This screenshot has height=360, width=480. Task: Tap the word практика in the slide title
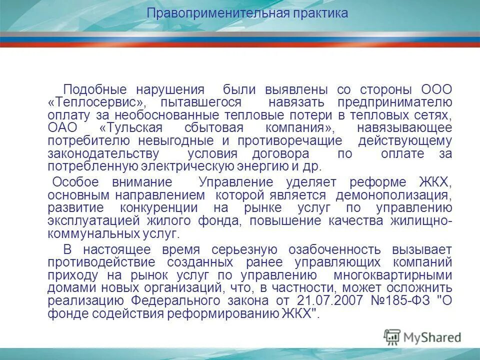coord(320,13)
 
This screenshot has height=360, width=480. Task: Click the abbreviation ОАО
coord(62,128)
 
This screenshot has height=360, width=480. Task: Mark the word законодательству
coord(104,154)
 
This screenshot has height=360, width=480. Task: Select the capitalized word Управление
coord(235,181)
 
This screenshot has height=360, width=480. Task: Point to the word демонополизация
coord(394,194)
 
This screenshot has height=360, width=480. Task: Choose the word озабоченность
coord(330,249)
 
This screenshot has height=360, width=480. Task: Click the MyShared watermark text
coord(430,337)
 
